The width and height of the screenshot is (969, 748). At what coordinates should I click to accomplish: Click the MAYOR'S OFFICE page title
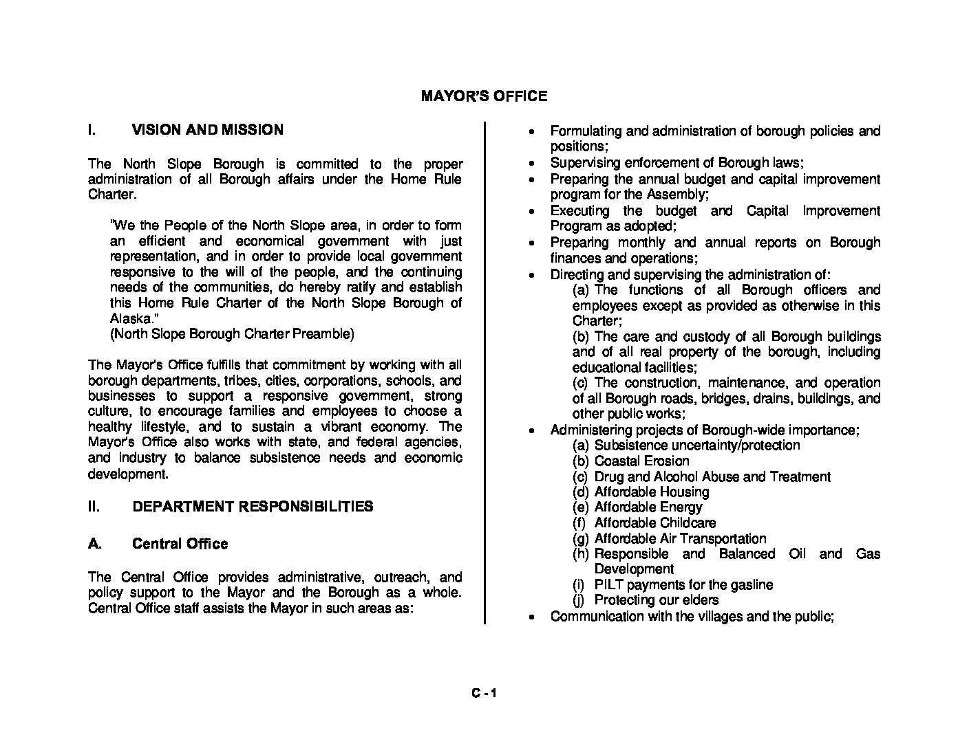pyautogui.click(x=484, y=96)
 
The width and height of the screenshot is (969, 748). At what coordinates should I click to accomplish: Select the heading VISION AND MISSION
pyautogui.click(x=207, y=130)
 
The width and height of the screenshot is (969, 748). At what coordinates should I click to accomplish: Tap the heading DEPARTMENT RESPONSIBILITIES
pyautogui.click(x=253, y=507)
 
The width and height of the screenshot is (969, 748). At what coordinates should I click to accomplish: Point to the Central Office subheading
pyautogui.click(x=180, y=544)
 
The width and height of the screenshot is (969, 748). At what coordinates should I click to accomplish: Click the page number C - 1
pyautogui.click(x=484, y=694)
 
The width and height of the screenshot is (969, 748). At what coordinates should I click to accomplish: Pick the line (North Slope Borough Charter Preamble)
pyautogui.click(x=232, y=334)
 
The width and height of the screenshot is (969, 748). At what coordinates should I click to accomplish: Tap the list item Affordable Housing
pyautogui.click(x=651, y=492)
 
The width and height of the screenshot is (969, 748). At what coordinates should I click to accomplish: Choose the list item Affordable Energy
pyautogui.click(x=648, y=507)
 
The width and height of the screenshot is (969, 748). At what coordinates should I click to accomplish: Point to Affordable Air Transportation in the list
pyautogui.click(x=680, y=539)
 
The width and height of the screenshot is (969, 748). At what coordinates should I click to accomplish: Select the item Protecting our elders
pyautogui.click(x=656, y=600)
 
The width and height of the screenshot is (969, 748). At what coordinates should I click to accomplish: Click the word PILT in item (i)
pyautogui.click(x=608, y=585)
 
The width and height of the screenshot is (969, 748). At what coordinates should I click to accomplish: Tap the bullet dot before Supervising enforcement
pyautogui.click(x=531, y=164)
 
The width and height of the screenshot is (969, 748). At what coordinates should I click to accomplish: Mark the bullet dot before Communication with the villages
pyautogui.click(x=531, y=617)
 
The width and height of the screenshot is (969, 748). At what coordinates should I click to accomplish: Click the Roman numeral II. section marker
pyautogui.click(x=94, y=507)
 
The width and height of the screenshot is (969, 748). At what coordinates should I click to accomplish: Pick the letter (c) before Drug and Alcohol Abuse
pyautogui.click(x=580, y=477)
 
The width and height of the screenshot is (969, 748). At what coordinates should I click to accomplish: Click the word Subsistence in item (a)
pyautogui.click(x=627, y=445)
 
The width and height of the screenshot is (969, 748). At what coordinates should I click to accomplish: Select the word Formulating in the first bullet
pyautogui.click(x=584, y=131)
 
